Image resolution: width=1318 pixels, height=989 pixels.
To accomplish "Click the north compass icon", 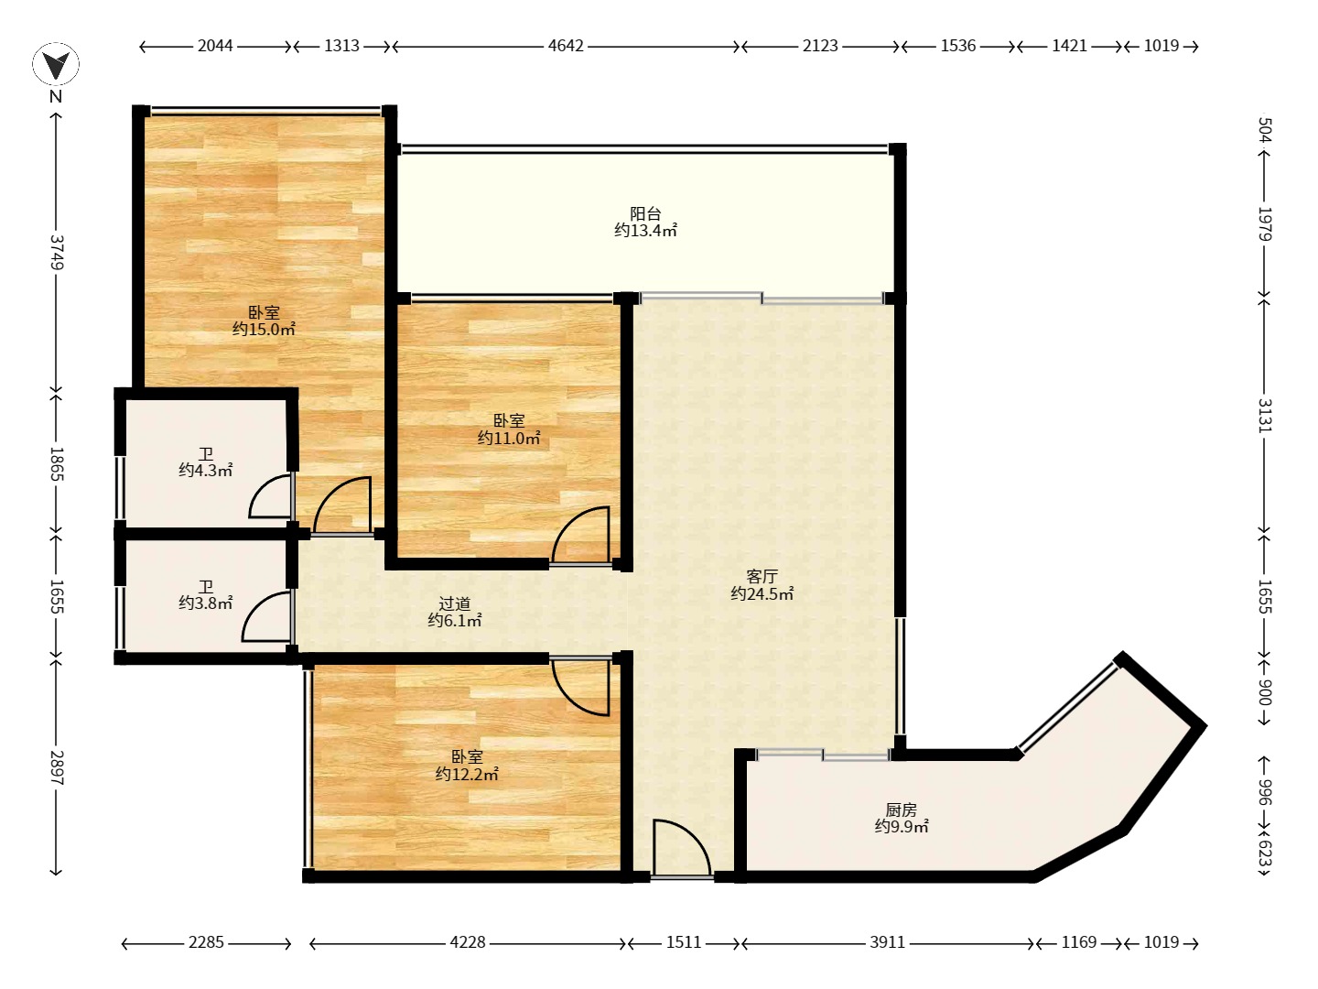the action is tap(56, 64).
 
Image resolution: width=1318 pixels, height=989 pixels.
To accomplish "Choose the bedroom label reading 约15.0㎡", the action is tap(264, 329).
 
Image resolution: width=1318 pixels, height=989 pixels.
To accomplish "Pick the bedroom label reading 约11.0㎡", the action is tap(509, 439).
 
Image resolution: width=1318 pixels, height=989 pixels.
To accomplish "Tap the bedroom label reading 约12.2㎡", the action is tap(467, 774).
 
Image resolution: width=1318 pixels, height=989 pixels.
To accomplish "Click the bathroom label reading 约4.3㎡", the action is tap(205, 470).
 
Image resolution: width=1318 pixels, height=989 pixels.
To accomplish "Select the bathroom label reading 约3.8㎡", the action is tap(205, 603).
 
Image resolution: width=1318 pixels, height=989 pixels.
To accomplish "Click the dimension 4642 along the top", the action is tap(566, 46).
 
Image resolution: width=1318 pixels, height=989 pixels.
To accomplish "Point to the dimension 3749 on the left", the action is tap(57, 252).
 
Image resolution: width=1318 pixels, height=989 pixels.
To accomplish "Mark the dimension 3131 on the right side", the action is tap(1265, 416).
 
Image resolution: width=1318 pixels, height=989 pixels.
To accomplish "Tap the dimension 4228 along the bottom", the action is tap(467, 942).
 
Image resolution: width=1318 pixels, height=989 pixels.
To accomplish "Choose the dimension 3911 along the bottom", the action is tap(888, 942).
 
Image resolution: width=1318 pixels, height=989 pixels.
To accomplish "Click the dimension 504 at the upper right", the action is tap(1265, 130).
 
